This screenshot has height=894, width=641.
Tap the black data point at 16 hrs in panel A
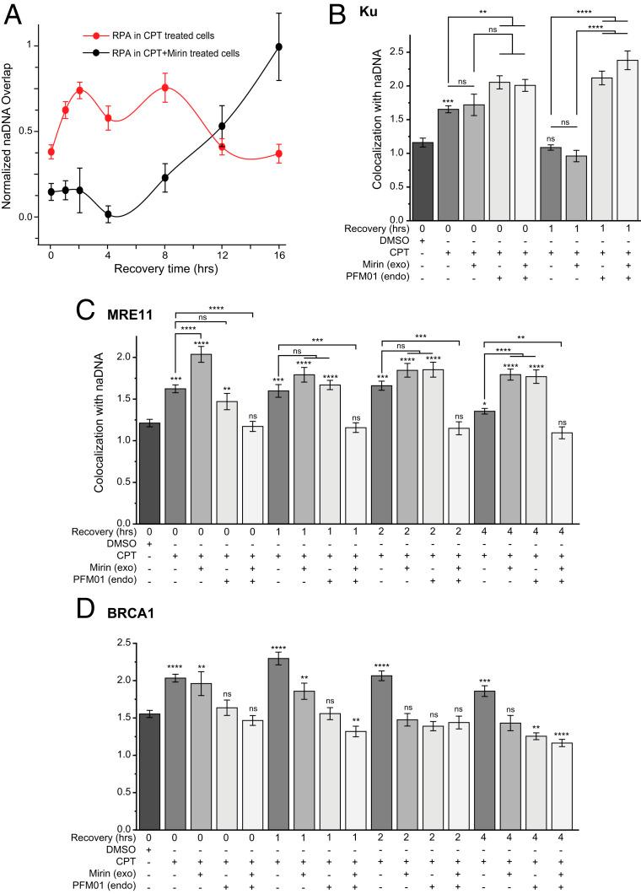279,46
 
